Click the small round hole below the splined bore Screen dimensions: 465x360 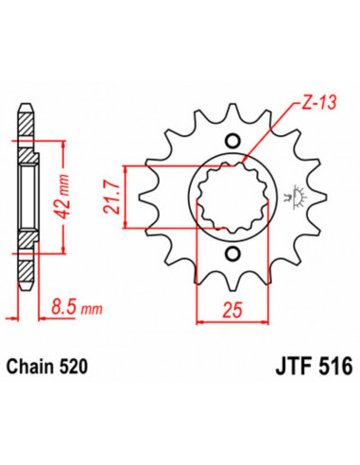pyautogui.click(x=231, y=252)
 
